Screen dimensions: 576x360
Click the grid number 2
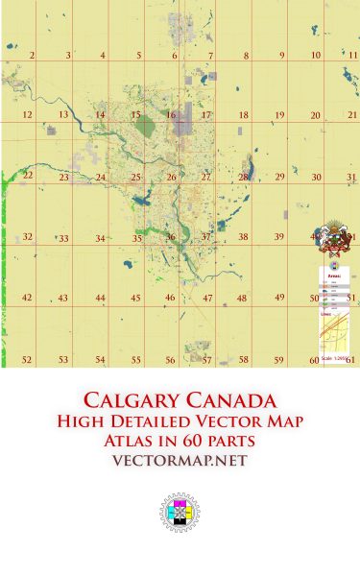[x=33, y=56]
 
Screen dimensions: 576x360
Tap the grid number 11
[x=353, y=55]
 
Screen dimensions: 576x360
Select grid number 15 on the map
[x=135, y=115]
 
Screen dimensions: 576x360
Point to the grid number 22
[x=28, y=176]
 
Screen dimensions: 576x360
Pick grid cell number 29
[x=279, y=177]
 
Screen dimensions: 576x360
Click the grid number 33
[x=63, y=238]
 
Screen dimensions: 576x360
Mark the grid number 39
[x=278, y=236]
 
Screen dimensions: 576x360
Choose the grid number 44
[x=100, y=299]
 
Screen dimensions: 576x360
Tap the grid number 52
[x=27, y=360]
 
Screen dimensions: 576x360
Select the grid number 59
[x=279, y=360]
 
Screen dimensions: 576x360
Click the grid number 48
[x=242, y=299]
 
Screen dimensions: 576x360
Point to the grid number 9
[x=282, y=56]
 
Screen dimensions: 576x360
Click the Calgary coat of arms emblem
[x=335, y=236]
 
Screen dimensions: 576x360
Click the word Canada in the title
[x=233, y=399]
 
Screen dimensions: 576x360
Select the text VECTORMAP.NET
[x=180, y=461]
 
